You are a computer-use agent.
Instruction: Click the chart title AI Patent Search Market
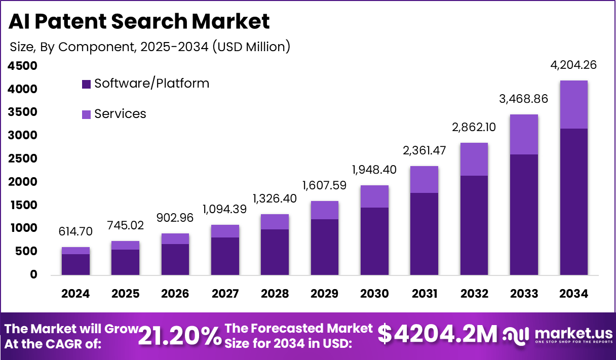coord(139,21)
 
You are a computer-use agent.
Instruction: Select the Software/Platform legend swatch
coord(86,84)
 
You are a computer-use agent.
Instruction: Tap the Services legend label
coord(120,114)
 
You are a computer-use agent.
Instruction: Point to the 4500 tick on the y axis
coord(23,66)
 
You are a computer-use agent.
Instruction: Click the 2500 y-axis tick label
coord(23,158)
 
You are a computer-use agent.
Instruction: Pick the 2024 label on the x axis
coord(75,294)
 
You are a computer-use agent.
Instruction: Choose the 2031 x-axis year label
coord(424,294)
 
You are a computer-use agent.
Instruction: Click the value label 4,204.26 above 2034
coord(574,65)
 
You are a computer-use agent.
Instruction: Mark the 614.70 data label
coord(75,232)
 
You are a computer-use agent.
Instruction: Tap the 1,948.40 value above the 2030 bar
coord(374,169)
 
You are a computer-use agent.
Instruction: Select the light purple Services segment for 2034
coord(574,104)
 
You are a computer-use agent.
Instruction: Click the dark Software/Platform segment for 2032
coord(474,225)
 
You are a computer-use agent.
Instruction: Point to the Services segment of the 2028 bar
coord(275,222)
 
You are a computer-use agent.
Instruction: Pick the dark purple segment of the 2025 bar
coord(125,262)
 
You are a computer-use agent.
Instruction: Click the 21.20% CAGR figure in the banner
coord(179,336)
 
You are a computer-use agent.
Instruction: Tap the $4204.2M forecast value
coord(438,335)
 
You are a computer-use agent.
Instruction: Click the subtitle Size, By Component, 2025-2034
coord(149,47)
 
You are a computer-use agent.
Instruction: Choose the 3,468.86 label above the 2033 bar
coord(524,99)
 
